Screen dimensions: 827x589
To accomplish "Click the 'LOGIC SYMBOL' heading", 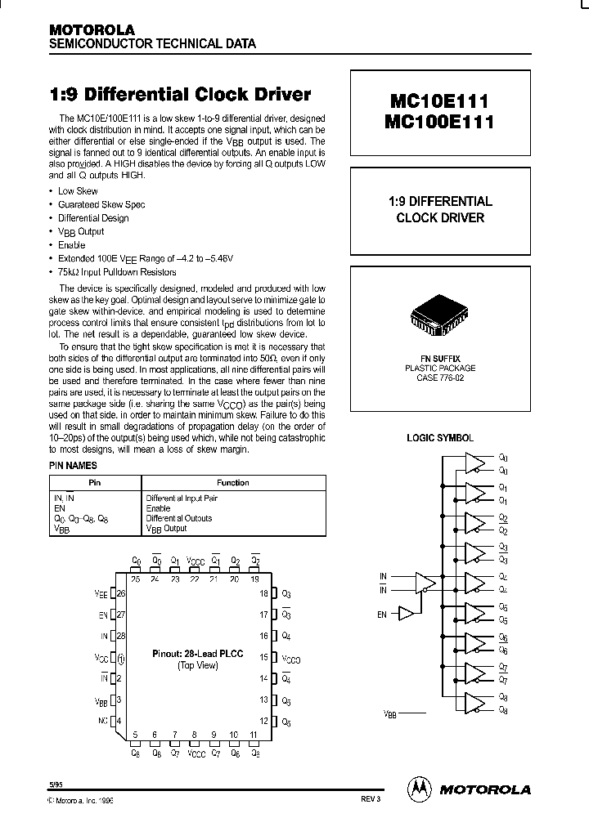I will click(x=440, y=438).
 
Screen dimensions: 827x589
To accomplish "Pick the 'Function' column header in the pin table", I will click(x=233, y=483).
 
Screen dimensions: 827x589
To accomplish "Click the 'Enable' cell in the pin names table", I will click(x=157, y=508).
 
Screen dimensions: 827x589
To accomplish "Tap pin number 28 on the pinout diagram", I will click(x=122, y=636).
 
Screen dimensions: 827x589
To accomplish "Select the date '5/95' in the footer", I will click(x=55, y=783).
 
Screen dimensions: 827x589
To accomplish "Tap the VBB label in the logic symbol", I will click(x=390, y=713).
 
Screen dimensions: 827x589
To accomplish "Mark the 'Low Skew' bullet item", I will click(x=78, y=191).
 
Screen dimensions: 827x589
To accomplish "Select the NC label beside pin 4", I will click(x=101, y=721).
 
